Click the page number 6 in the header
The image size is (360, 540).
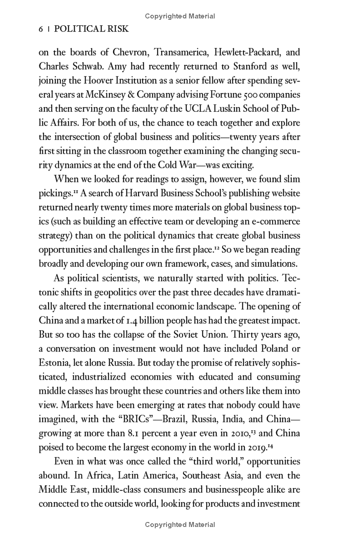[x=41, y=29]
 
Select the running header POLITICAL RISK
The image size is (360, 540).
[x=91, y=29]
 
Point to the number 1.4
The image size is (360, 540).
[x=134, y=319]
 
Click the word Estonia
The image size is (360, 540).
[x=54, y=361]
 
